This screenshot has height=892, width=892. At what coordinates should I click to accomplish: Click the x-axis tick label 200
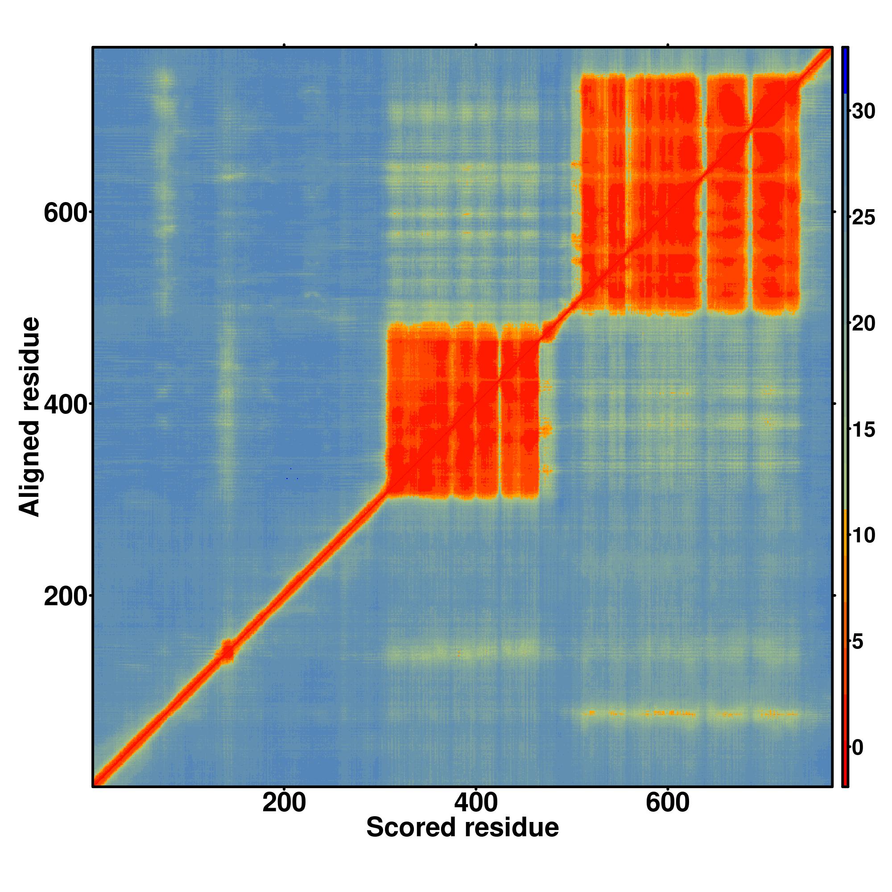coord(284,804)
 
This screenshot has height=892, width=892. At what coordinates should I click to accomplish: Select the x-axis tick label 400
coord(475,804)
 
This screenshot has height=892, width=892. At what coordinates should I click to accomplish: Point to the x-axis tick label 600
coord(667,804)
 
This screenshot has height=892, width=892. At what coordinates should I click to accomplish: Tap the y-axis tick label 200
coord(65,597)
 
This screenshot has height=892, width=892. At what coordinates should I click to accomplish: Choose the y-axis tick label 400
coord(65,405)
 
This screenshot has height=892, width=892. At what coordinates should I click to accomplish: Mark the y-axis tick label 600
coord(65,213)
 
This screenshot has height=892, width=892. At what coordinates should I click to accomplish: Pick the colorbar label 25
coord(863,218)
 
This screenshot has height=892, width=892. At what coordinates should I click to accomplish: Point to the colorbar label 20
coord(863,324)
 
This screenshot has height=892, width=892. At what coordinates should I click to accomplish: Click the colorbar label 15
coord(863,430)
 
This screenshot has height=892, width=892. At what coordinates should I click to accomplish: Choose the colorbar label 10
coord(863,536)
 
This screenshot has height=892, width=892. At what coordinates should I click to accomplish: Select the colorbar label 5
coord(857,642)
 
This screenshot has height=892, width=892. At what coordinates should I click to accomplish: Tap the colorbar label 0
coord(857,747)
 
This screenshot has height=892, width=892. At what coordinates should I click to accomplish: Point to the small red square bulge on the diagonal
coord(227,652)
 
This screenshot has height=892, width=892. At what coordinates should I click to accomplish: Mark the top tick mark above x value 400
coord(475,45)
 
